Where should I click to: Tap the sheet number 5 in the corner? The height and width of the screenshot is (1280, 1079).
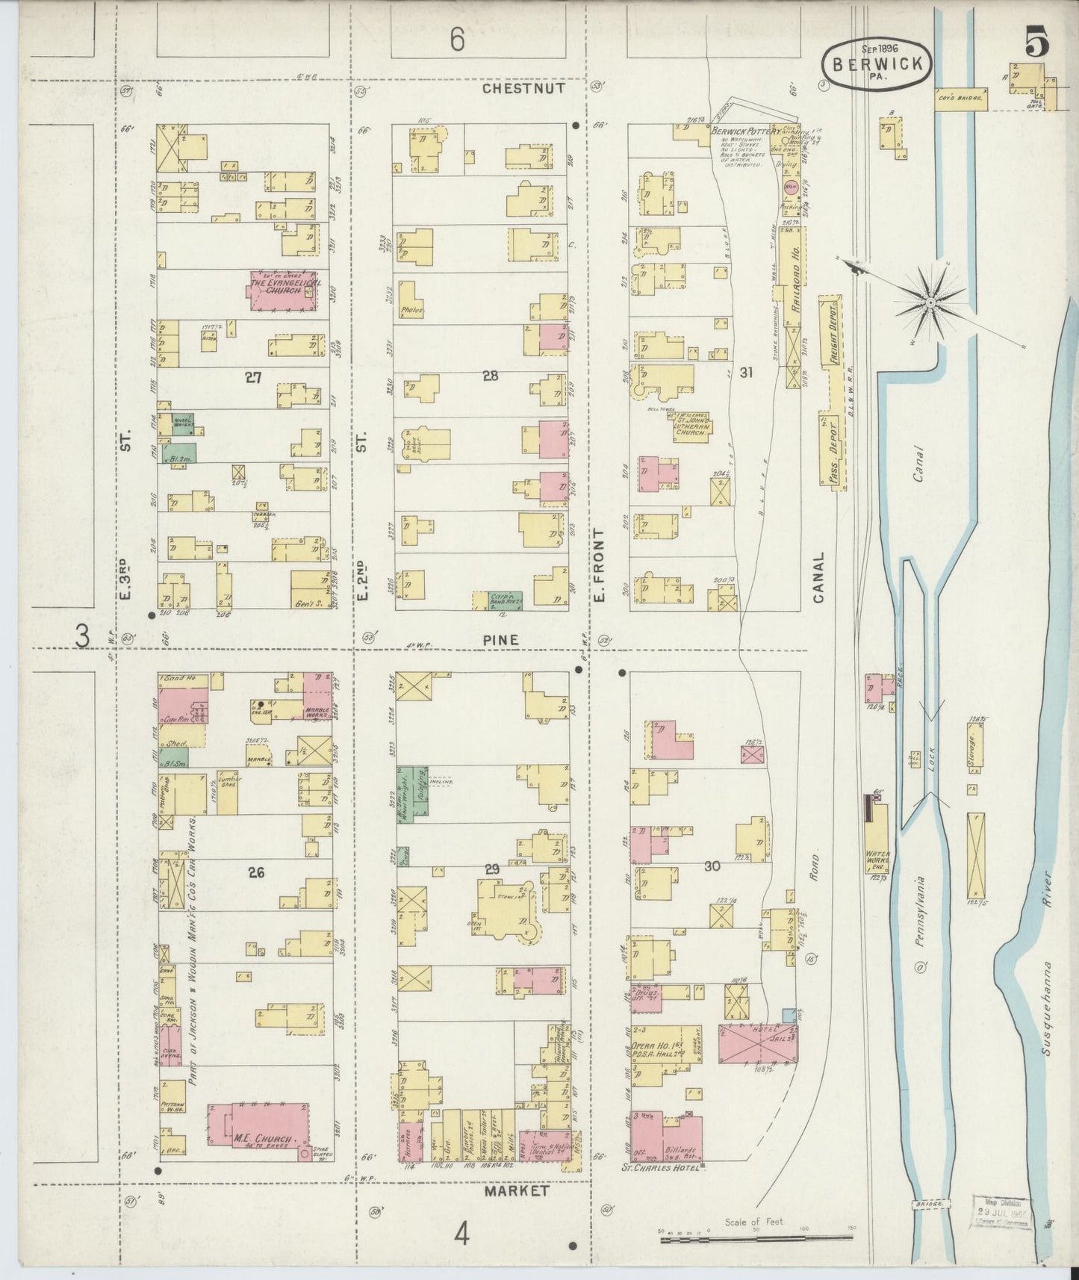1036,42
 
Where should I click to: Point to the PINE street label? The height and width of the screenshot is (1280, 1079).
500,640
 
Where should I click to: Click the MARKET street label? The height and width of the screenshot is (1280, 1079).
516,1190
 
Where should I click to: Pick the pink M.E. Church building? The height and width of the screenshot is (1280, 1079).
258,1122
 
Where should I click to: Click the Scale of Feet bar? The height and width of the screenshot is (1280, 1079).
757,1240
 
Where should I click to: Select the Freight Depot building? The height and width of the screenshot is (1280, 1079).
830,332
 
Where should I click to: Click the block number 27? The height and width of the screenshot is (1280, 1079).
253,378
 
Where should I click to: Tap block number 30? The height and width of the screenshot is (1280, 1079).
712,866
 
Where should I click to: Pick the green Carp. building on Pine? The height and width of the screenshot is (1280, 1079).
497,598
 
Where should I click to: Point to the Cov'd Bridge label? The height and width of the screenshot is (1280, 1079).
961,97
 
